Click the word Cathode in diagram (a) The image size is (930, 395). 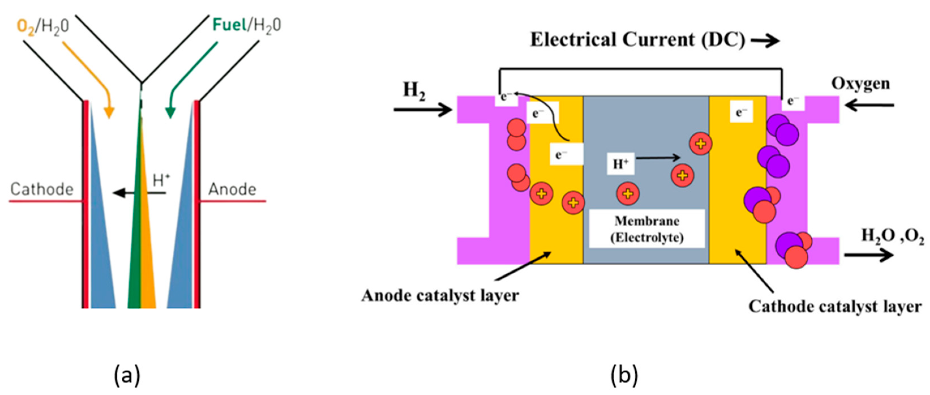tap(42, 189)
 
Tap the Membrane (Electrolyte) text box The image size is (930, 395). tap(647, 229)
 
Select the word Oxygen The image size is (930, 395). tap(861, 84)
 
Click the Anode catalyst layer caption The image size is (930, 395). tap(440, 296)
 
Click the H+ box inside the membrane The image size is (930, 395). tap(620, 164)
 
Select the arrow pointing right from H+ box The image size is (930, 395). tap(658, 157)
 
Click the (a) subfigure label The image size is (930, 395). tap(127, 375)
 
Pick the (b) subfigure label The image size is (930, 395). tap(624, 375)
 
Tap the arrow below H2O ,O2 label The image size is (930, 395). tap(869, 255)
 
